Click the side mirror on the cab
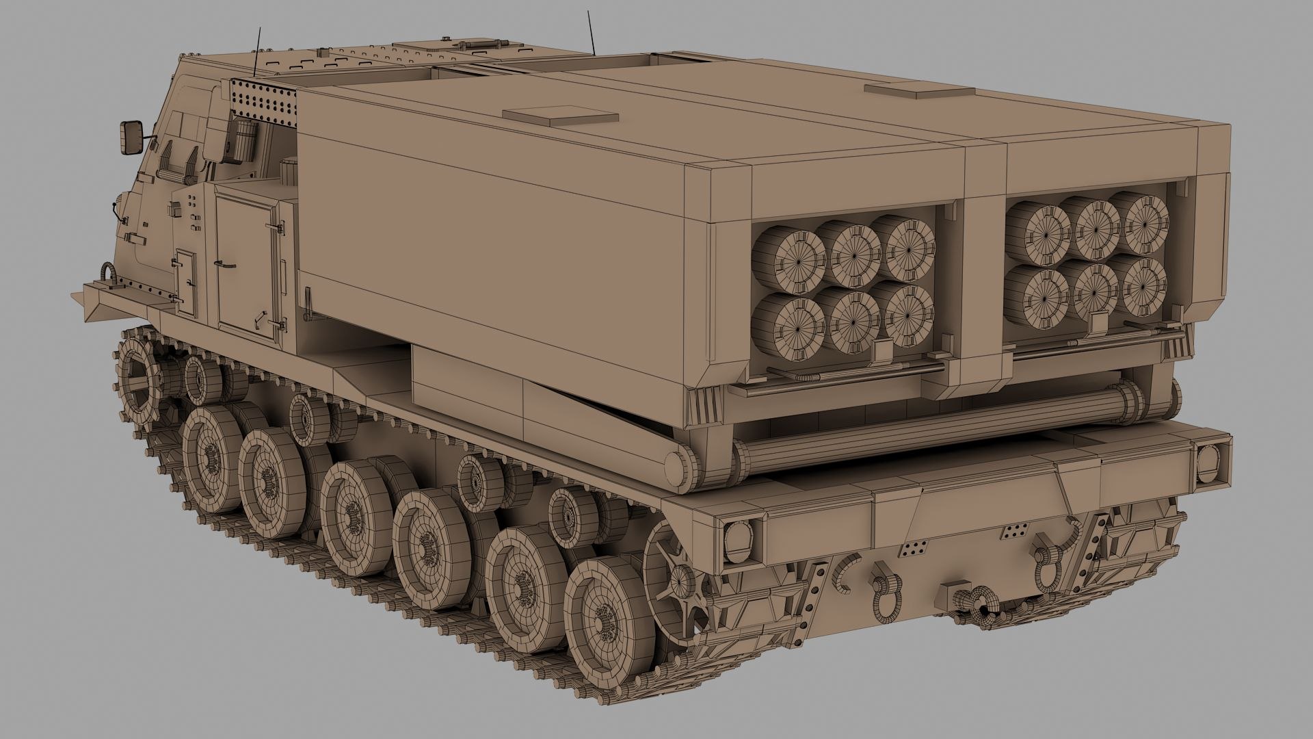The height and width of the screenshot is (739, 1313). (x=130, y=138)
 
